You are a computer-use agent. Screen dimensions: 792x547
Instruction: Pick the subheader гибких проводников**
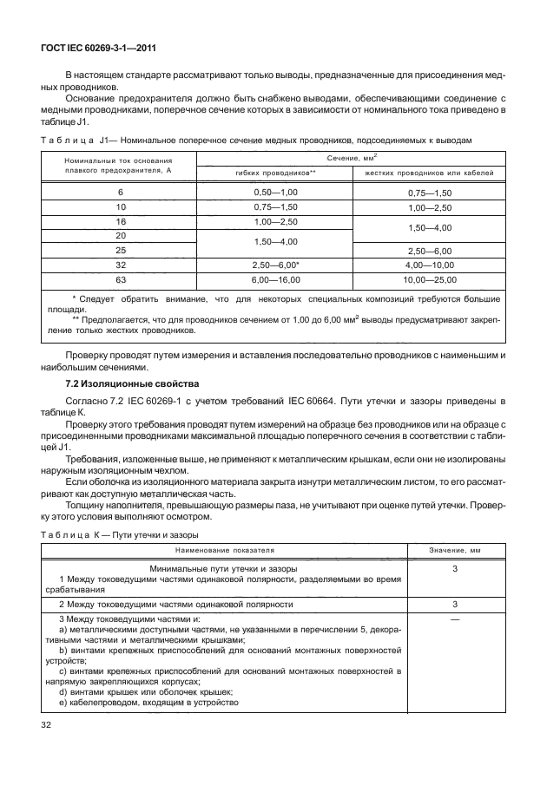click(x=274, y=173)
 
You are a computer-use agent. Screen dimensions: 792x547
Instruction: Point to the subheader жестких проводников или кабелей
click(x=429, y=173)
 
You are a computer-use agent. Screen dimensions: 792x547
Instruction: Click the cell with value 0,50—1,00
click(x=275, y=192)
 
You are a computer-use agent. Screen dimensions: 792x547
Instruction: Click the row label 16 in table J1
click(x=120, y=223)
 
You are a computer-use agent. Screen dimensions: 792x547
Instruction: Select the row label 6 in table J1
click(x=120, y=192)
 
